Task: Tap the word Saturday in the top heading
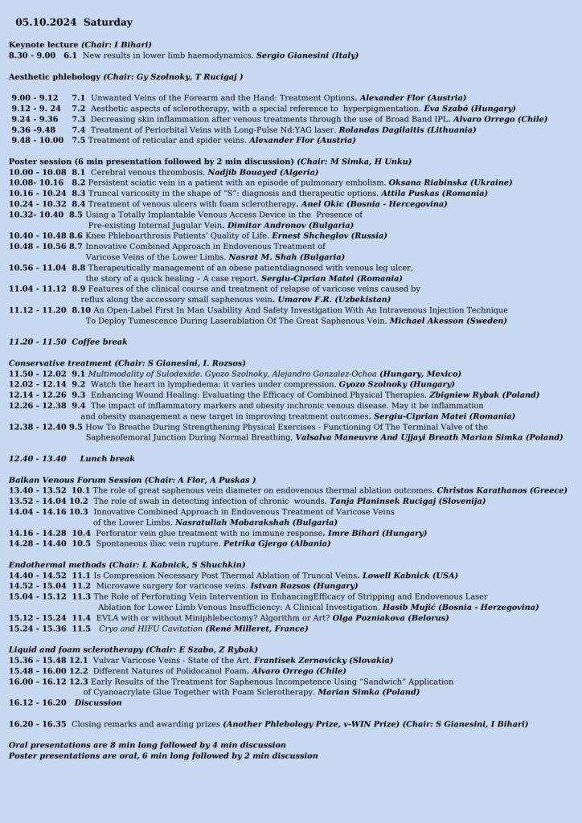pyautogui.click(x=108, y=23)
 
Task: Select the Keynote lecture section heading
pyautogui.click(x=44, y=43)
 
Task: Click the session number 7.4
pyautogui.click(x=78, y=129)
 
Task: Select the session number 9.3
pyautogui.click(x=78, y=395)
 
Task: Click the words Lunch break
pyautogui.click(x=107, y=459)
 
